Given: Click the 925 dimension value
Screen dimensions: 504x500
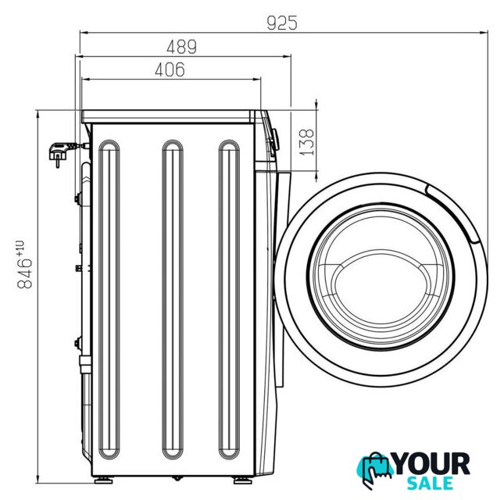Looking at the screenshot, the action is [x=282, y=23].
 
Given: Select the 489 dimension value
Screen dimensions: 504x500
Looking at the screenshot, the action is [x=181, y=47].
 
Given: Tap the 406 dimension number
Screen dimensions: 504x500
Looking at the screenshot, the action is [x=170, y=70].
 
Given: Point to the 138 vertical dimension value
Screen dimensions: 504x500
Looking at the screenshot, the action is [x=306, y=142].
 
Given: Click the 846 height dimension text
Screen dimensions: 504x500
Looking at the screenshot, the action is [x=25, y=273].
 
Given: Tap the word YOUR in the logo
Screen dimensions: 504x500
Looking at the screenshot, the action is [x=431, y=463].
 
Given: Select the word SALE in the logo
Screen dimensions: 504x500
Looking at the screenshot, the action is [x=430, y=483].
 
